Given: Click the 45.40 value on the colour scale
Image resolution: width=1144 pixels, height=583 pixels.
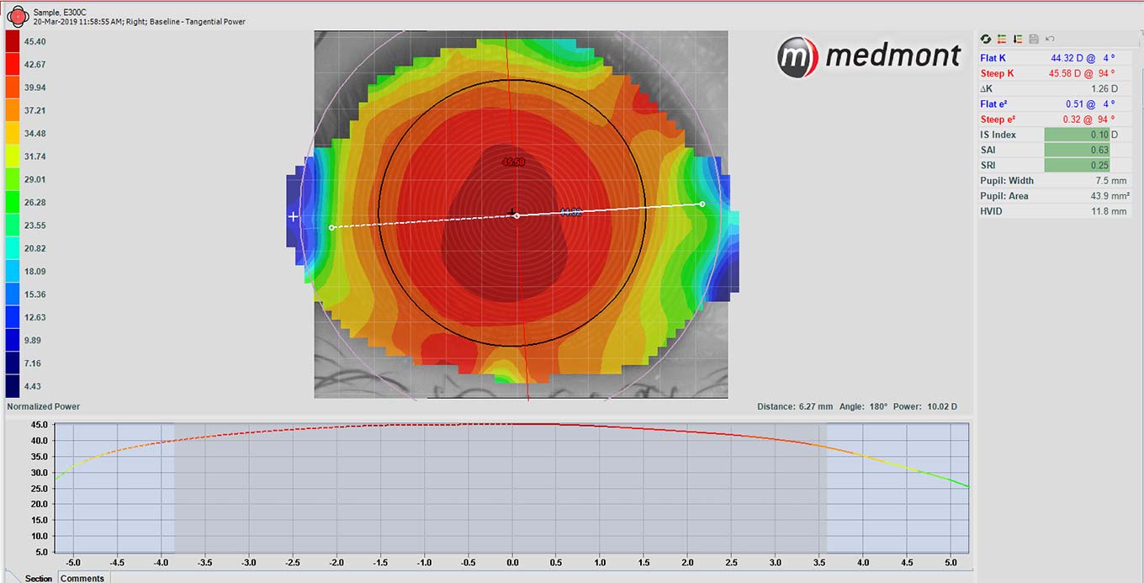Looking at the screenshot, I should coord(34,41).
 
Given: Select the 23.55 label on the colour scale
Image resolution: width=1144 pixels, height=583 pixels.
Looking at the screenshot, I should coord(34,225).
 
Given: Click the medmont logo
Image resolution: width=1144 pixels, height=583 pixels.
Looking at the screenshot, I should coord(868,56).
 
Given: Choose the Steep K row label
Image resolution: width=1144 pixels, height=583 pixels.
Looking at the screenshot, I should coord(997,73).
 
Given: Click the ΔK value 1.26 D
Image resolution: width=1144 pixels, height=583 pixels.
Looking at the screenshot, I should coord(1103,88).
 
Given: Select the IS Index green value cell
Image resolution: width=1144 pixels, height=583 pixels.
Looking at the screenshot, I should coord(1077,135).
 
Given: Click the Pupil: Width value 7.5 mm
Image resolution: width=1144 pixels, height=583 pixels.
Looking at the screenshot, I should coord(1110,180).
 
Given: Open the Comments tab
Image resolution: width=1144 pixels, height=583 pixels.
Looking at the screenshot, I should coord(82,578).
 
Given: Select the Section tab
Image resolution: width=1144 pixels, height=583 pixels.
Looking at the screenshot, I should coord(38,578).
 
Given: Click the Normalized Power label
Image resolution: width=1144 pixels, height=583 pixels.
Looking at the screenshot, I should coord(43,406).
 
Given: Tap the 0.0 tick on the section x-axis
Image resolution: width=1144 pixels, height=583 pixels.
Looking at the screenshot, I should coord(512,562).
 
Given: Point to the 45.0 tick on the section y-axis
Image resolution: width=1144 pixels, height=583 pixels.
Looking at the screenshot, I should coord(38,425).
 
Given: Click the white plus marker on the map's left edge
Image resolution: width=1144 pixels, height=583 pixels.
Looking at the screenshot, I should coord(294,216).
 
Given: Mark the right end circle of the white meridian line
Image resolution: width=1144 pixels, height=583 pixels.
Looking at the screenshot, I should coord(702,204).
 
